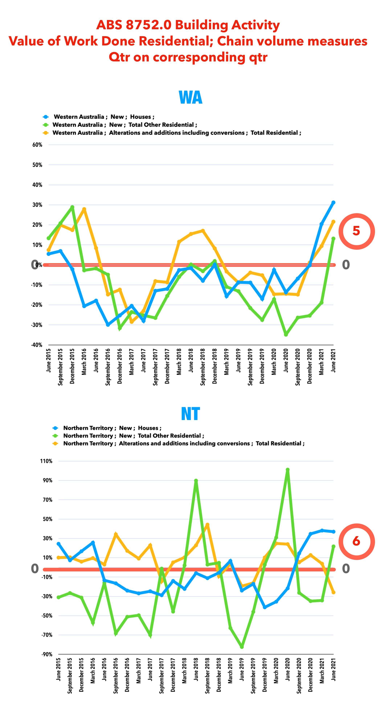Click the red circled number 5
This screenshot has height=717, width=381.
coord(356,231)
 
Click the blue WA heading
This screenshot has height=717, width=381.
coord(191,97)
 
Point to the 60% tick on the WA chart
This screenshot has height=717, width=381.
coord(37,145)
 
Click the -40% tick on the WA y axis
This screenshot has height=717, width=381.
coord(37,345)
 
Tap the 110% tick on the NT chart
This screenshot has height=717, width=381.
coord(46,461)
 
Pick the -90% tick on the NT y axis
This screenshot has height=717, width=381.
coord(47,654)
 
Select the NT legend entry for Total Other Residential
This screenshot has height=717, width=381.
coord(133,436)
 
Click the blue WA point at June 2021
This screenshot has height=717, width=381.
coord(333,203)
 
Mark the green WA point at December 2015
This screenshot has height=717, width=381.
coord(72,207)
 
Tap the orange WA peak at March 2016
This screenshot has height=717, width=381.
coord(84,209)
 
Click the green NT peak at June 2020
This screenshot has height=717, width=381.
coord(288,470)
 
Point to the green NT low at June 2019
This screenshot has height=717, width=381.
coord(242,647)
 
